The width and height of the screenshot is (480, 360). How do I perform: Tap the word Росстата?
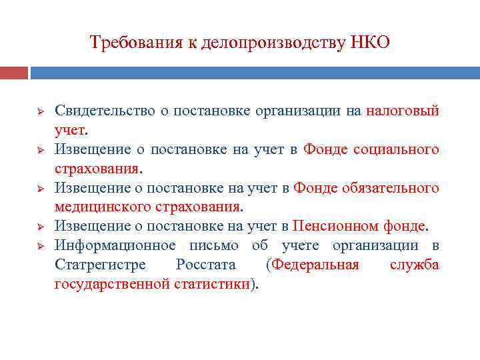(206, 265)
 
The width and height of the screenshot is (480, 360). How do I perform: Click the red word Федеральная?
(314, 265)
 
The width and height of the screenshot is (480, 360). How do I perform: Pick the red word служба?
(415, 265)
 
